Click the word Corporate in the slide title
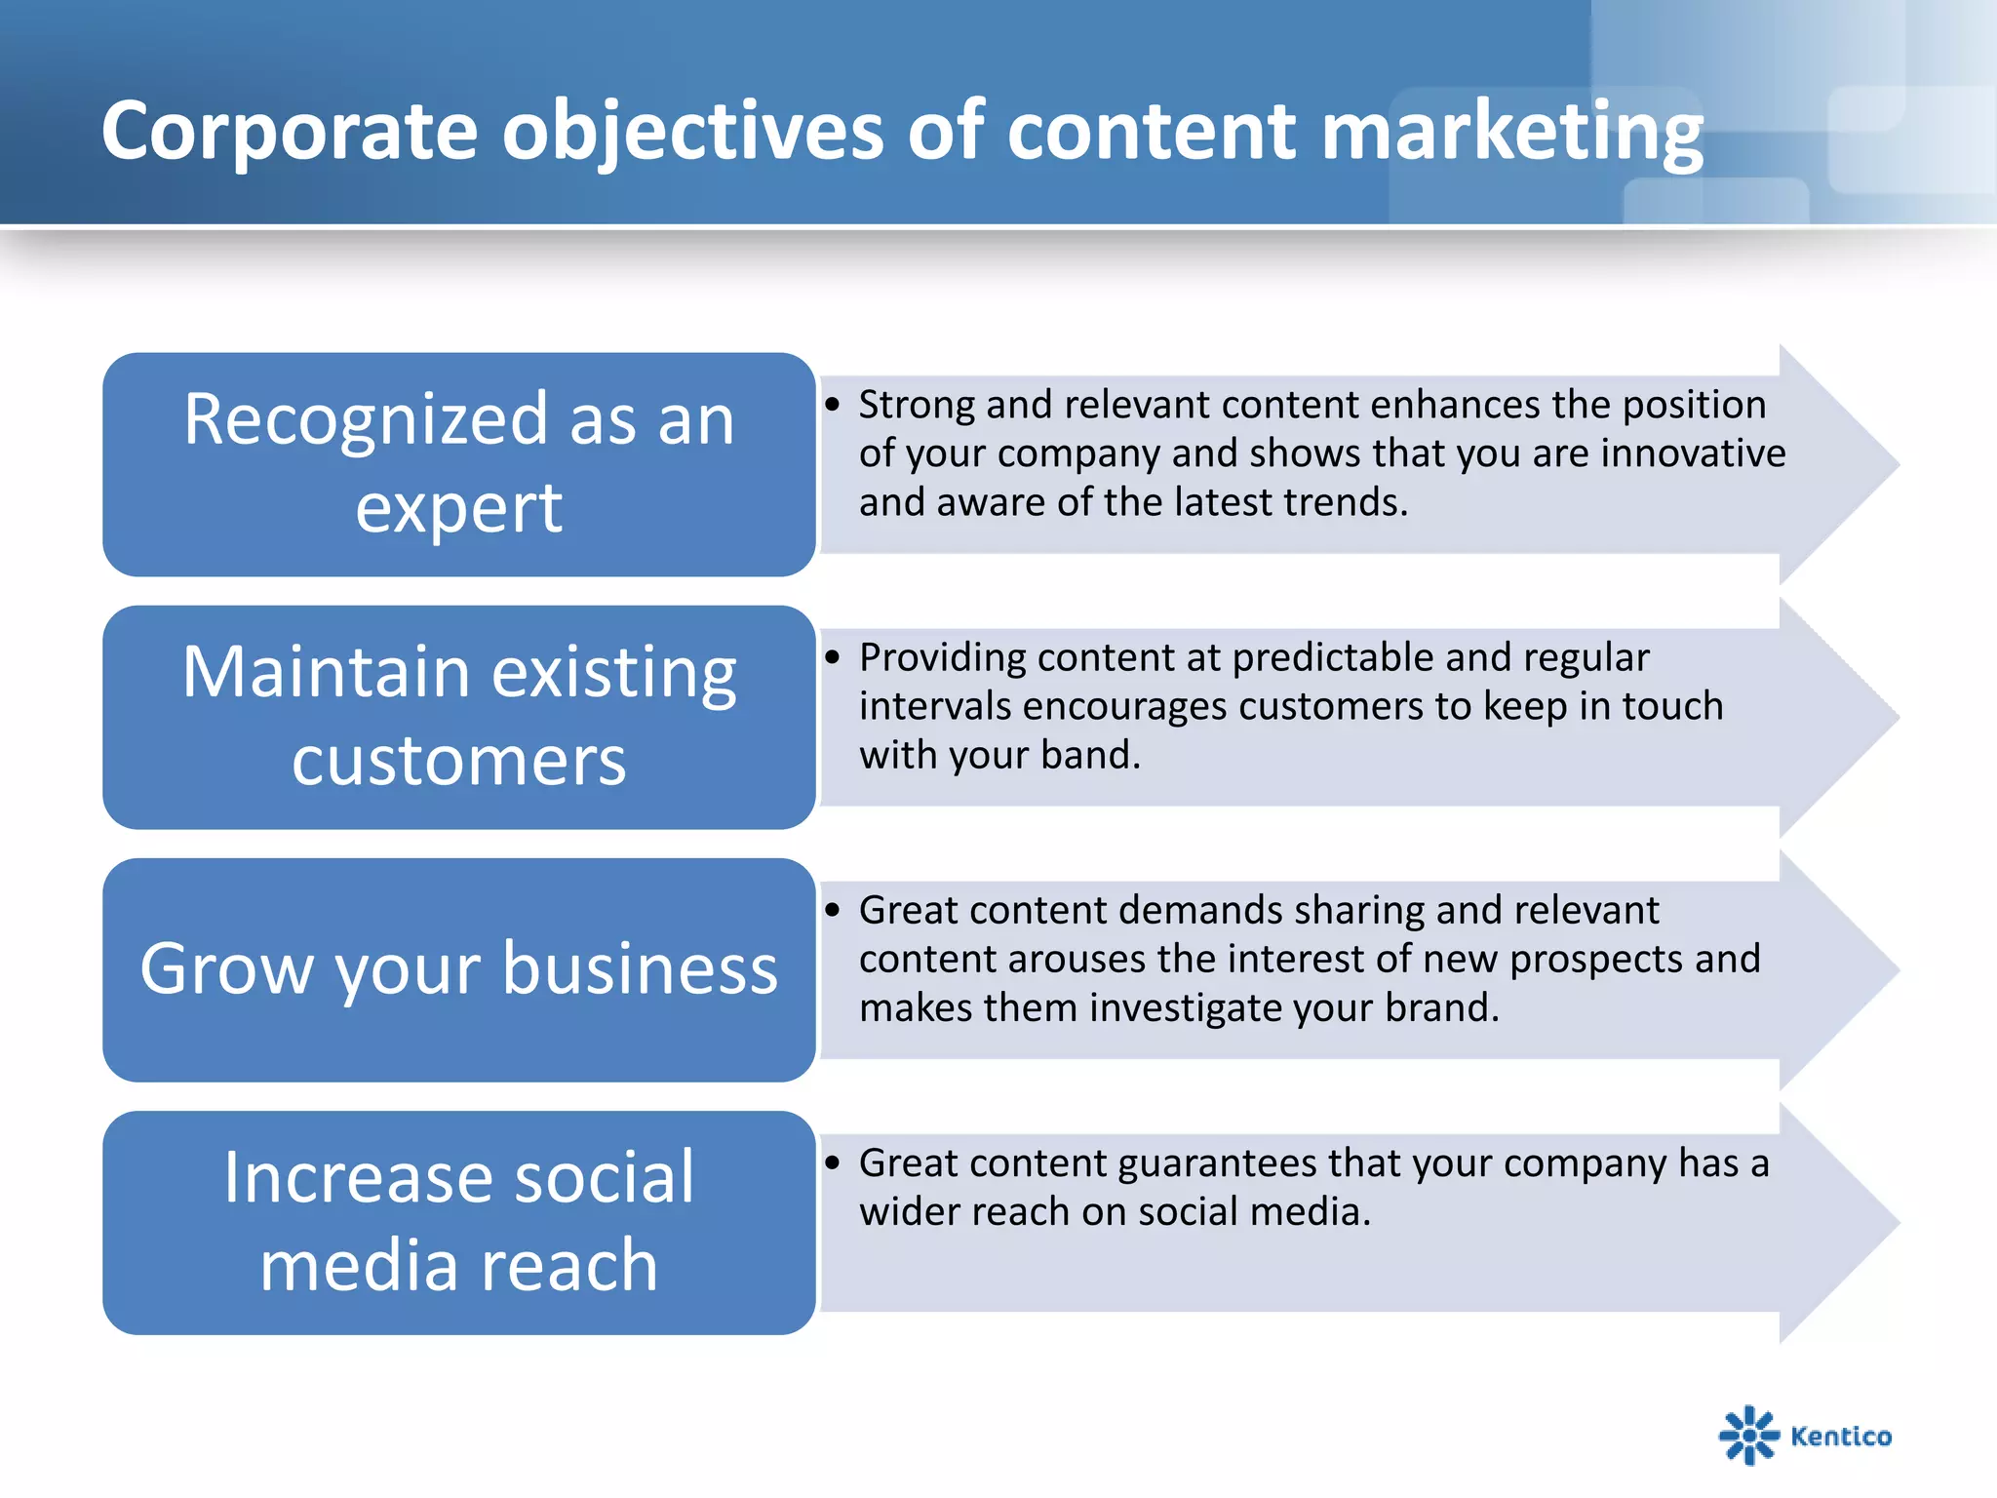(x=290, y=132)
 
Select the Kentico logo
(x=1805, y=1435)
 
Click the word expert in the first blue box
(x=458, y=508)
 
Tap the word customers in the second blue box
(x=458, y=760)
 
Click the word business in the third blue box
(x=641, y=968)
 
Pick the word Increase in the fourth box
(x=357, y=1177)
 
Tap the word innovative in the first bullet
(x=1693, y=453)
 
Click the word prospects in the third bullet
(x=1595, y=960)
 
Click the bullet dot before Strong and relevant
(x=832, y=405)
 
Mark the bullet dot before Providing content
(x=832, y=657)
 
